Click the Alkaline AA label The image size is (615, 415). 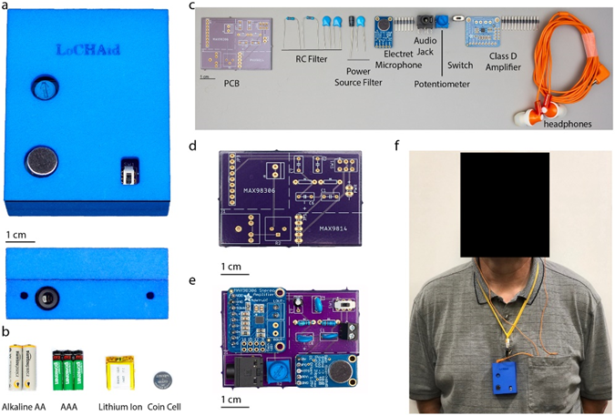27,405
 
